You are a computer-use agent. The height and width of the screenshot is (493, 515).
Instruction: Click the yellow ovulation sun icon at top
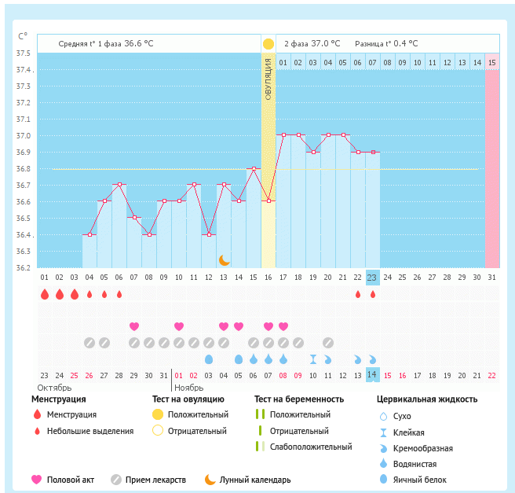(x=268, y=44)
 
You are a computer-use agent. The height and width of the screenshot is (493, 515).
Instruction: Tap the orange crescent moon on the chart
(x=224, y=259)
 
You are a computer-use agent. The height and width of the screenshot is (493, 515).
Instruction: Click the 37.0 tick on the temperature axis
(x=24, y=136)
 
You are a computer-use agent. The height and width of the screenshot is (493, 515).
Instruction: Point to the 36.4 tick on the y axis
(x=24, y=235)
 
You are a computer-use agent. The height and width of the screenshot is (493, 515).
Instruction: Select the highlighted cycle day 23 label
(x=372, y=278)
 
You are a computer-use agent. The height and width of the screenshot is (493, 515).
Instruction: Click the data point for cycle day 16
(x=268, y=201)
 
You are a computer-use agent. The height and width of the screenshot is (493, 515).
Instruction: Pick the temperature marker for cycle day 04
(x=89, y=234)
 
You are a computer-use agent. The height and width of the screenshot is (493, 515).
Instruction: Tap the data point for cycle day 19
(x=313, y=152)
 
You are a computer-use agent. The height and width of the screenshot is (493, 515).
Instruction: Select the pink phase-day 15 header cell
(x=491, y=62)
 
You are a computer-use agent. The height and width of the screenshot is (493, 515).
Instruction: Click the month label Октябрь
(x=54, y=388)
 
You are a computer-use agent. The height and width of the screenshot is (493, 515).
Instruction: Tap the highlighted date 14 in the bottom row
(x=372, y=375)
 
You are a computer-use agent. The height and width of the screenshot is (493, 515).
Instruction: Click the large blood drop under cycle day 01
(x=45, y=294)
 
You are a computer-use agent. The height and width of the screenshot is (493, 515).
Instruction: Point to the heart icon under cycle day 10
(x=179, y=326)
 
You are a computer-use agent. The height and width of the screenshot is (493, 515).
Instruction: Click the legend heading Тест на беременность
(x=299, y=399)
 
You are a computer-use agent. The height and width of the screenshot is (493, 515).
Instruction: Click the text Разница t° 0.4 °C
(x=386, y=44)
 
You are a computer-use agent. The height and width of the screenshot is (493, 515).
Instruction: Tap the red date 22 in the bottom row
(x=491, y=375)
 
